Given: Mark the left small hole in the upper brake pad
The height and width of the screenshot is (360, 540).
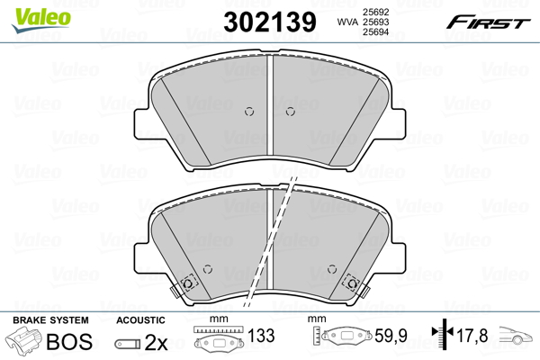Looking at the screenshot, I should click(250, 112).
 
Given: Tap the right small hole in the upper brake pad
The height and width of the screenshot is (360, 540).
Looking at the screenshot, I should click(290, 112).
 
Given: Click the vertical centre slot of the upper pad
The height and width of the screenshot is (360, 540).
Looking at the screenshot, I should click(270, 108).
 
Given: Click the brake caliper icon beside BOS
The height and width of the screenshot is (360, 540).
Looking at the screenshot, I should click(24, 343).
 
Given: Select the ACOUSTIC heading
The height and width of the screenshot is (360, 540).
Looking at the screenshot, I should click(141, 320).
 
